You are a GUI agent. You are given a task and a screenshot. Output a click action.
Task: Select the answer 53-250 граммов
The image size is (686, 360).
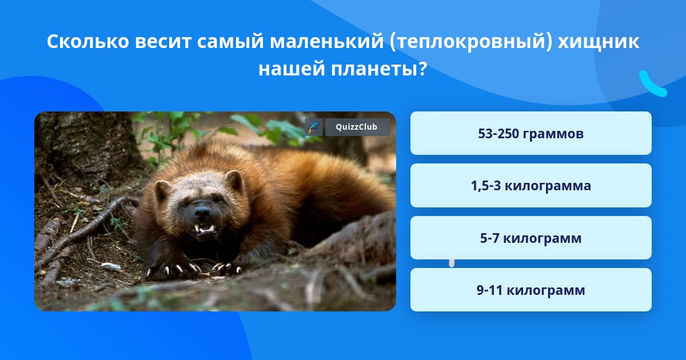pos(531,133)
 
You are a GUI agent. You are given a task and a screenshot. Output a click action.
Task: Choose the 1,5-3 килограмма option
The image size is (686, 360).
pos(531,186)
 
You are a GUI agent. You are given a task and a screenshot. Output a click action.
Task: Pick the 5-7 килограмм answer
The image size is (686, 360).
pos(531,238)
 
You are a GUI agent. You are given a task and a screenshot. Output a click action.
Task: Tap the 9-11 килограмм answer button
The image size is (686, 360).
pos(531,290)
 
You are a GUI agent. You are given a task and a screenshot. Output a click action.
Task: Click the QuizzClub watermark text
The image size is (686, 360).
pos(357,127)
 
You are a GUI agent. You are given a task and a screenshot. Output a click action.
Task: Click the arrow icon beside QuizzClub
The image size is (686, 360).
pos(314,127)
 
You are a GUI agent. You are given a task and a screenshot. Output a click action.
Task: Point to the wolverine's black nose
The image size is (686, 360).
pos(202,211)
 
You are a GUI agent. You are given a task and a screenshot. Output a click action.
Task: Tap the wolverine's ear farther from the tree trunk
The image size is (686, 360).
pos(234,181)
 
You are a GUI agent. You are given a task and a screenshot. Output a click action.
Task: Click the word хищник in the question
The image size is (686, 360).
pos(599,41)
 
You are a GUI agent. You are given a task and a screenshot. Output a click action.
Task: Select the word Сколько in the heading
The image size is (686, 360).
pos(88,41)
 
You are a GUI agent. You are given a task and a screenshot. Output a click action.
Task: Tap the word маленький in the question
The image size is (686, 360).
pos(327,41)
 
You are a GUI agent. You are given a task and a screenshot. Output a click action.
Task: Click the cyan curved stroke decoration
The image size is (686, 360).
pos(652,84)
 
